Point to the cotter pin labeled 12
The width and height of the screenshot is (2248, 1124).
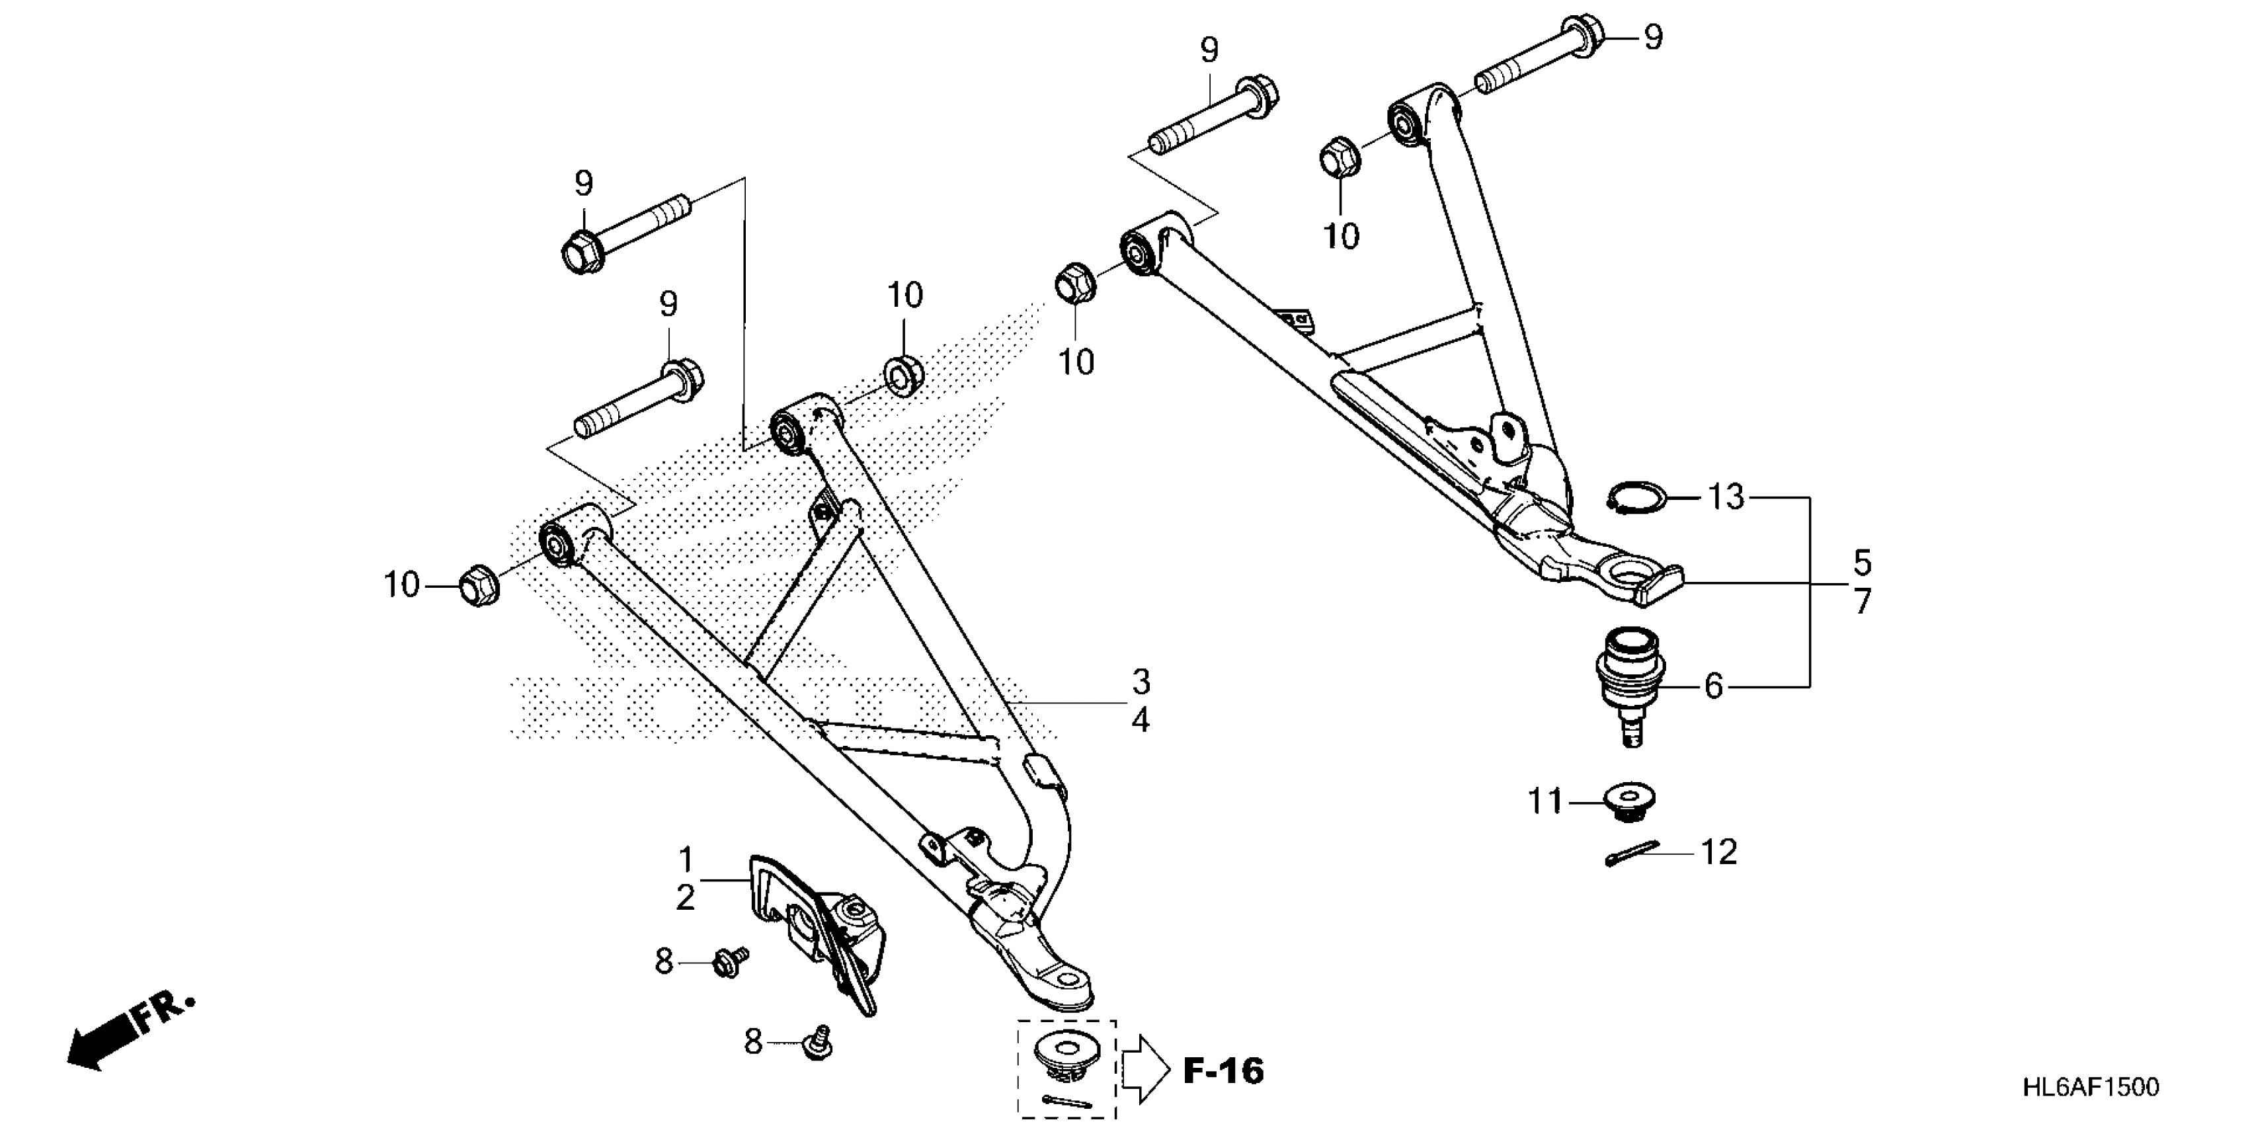coord(1631,854)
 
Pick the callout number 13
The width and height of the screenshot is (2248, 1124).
coord(1725,497)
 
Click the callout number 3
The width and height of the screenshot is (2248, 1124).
coord(1141,682)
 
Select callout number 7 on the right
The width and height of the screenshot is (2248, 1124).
coord(1863,602)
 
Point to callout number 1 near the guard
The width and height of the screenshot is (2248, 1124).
coord(686,860)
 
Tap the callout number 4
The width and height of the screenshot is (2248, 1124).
coord(1141,721)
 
